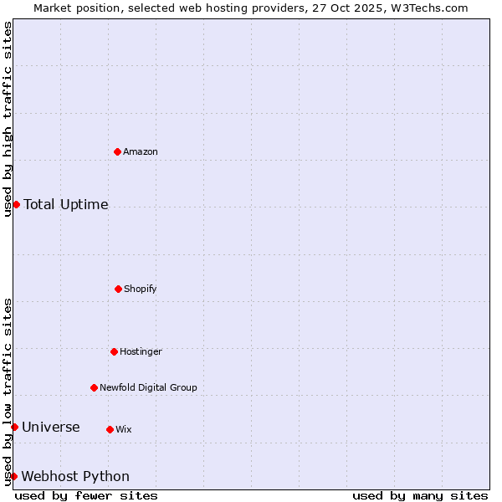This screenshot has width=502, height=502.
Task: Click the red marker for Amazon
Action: [x=117, y=151]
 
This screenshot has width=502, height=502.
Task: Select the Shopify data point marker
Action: [x=118, y=289]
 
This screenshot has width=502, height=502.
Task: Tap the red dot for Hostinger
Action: [x=114, y=351]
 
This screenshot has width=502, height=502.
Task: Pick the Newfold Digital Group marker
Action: [x=94, y=387]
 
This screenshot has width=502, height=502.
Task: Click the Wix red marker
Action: [x=110, y=429]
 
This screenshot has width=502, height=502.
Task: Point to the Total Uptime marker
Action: [x=16, y=204]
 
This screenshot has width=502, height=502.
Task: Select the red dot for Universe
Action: [x=14, y=427]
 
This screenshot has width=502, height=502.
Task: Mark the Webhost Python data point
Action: [x=13, y=476]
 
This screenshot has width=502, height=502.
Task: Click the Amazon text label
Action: [x=141, y=151]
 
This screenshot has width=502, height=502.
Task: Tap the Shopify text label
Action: [x=141, y=289]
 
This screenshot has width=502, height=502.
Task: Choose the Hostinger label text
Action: [x=141, y=351]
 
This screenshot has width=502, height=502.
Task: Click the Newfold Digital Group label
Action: [x=148, y=387]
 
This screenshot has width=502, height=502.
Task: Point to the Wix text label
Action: [x=124, y=429]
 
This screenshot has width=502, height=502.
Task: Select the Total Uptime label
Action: [x=66, y=204]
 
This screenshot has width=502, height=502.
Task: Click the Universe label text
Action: [x=51, y=427]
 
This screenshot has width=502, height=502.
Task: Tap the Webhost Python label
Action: [x=75, y=476]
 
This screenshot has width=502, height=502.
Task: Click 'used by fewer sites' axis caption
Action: [x=86, y=495]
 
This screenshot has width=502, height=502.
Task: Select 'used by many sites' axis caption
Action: [x=420, y=495]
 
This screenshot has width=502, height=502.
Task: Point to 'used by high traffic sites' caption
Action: [x=8, y=119]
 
